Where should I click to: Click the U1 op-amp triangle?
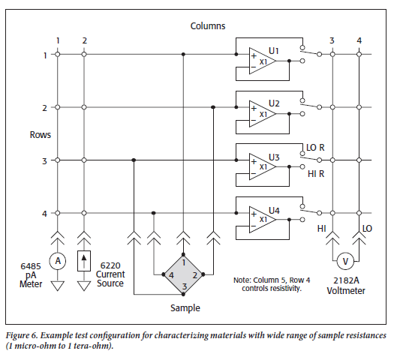(x=262, y=61)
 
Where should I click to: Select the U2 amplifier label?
(x=274, y=103)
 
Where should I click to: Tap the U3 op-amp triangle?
(x=262, y=167)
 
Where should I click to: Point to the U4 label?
(x=274, y=211)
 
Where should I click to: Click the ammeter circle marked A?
(x=58, y=261)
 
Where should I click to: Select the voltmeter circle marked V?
(x=345, y=261)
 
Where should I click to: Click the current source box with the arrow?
(x=84, y=261)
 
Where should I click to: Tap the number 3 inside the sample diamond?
(x=185, y=286)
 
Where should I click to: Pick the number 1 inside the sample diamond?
(x=184, y=262)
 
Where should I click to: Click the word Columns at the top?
(x=208, y=26)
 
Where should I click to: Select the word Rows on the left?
(x=41, y=135)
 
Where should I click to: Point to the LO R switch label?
(x=315, y=148)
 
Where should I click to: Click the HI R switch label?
(x=316, y=174)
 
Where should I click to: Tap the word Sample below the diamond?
(x=185, y=308)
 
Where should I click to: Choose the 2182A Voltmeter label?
(x=346, y=286)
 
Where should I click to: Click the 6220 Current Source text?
(x=110, y=274)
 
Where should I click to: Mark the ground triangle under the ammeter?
(x=58, y=286)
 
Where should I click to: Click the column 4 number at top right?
(x=359, y=40)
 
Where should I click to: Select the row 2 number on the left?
(x=44, y=108)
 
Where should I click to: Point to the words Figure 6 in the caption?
(x=22, y=336)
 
